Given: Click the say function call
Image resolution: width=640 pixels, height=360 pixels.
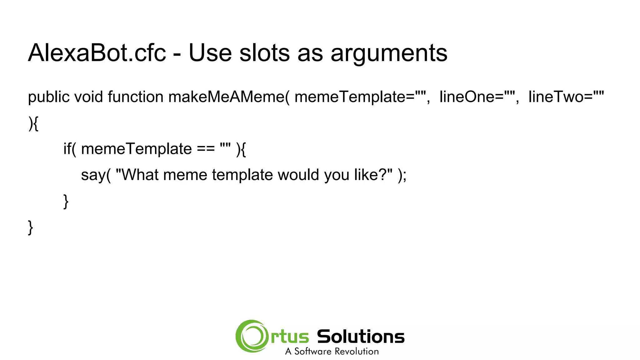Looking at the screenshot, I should coord(93,175).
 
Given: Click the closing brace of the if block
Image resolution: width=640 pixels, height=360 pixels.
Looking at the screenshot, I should coord(66,201).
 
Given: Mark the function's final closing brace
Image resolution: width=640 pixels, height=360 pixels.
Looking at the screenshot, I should coord(31,227).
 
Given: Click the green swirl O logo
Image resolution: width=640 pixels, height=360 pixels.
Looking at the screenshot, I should coord(252,336).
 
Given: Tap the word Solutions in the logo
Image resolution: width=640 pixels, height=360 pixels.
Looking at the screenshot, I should coord(361,337).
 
